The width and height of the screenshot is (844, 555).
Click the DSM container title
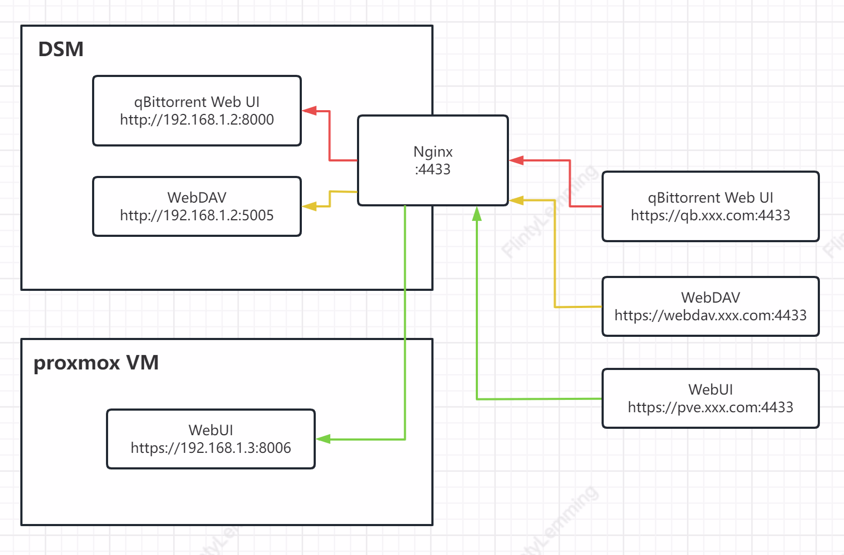click(x=61, y=49)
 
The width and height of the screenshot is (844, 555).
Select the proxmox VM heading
click(x=96, y=363)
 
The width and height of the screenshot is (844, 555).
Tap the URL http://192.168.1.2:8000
click(x=197, y=120)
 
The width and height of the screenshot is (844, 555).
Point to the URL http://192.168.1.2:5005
click(x=197, y=215)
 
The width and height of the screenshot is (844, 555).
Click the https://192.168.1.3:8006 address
click(x=211, y=448)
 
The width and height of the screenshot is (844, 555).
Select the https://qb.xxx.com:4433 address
click(x=710, y=215)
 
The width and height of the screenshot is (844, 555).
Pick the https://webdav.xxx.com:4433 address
click(x=710, y=315)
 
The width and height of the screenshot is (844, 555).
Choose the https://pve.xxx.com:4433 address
click(x=710, y=407)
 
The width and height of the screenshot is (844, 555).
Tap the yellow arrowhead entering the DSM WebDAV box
click(x=309, y=206)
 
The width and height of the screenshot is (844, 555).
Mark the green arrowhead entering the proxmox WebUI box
click(x=323, y=439)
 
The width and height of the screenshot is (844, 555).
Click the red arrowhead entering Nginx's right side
click(x=516, y=160)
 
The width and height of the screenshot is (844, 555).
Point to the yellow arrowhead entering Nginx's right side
click(x=516, y=201)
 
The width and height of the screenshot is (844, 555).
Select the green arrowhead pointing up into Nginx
click(x=477, y=214)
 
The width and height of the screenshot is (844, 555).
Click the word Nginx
click(x=433, y=152)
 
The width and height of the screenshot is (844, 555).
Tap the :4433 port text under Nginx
click(x=432, y=169)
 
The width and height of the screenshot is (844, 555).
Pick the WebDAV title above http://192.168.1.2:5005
click(x=197, y=198)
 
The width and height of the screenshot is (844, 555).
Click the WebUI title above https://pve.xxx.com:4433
click(x=710, y=389)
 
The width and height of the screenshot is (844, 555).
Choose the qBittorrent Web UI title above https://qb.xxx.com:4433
click(x=710, y=198)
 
